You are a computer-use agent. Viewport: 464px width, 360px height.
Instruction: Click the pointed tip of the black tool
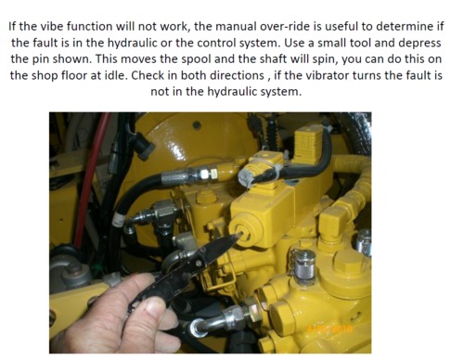(x=239, y=235)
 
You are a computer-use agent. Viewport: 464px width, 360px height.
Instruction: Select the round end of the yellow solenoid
(x=245, y=230)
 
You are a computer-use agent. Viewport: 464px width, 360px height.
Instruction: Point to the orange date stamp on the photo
(x=329, y=328)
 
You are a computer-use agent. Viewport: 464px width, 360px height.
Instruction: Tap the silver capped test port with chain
(x=304, y=265)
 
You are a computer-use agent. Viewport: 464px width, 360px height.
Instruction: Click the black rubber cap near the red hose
(x=143, y=147)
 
